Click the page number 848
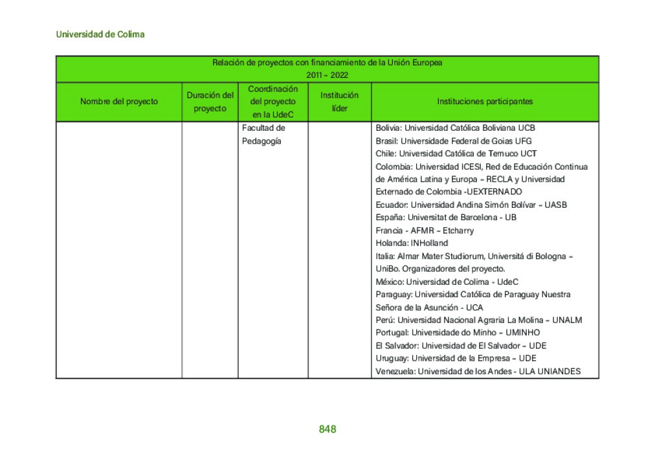click(x=327, y=429)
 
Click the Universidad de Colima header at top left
click(x=100, y=34)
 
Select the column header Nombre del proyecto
click(x=119, y=102)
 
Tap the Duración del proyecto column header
click(x=210, y=102)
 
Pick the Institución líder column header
click(x=339, y=102)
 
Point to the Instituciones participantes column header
click(x=485, y=102)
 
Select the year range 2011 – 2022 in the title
click(x=327, y=75)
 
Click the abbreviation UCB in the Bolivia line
click(x=526, y=128)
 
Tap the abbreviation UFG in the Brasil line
click(x=523, y=141)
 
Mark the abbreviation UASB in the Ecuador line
click(x=555, y=205)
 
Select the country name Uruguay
click(x=392, y=359)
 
